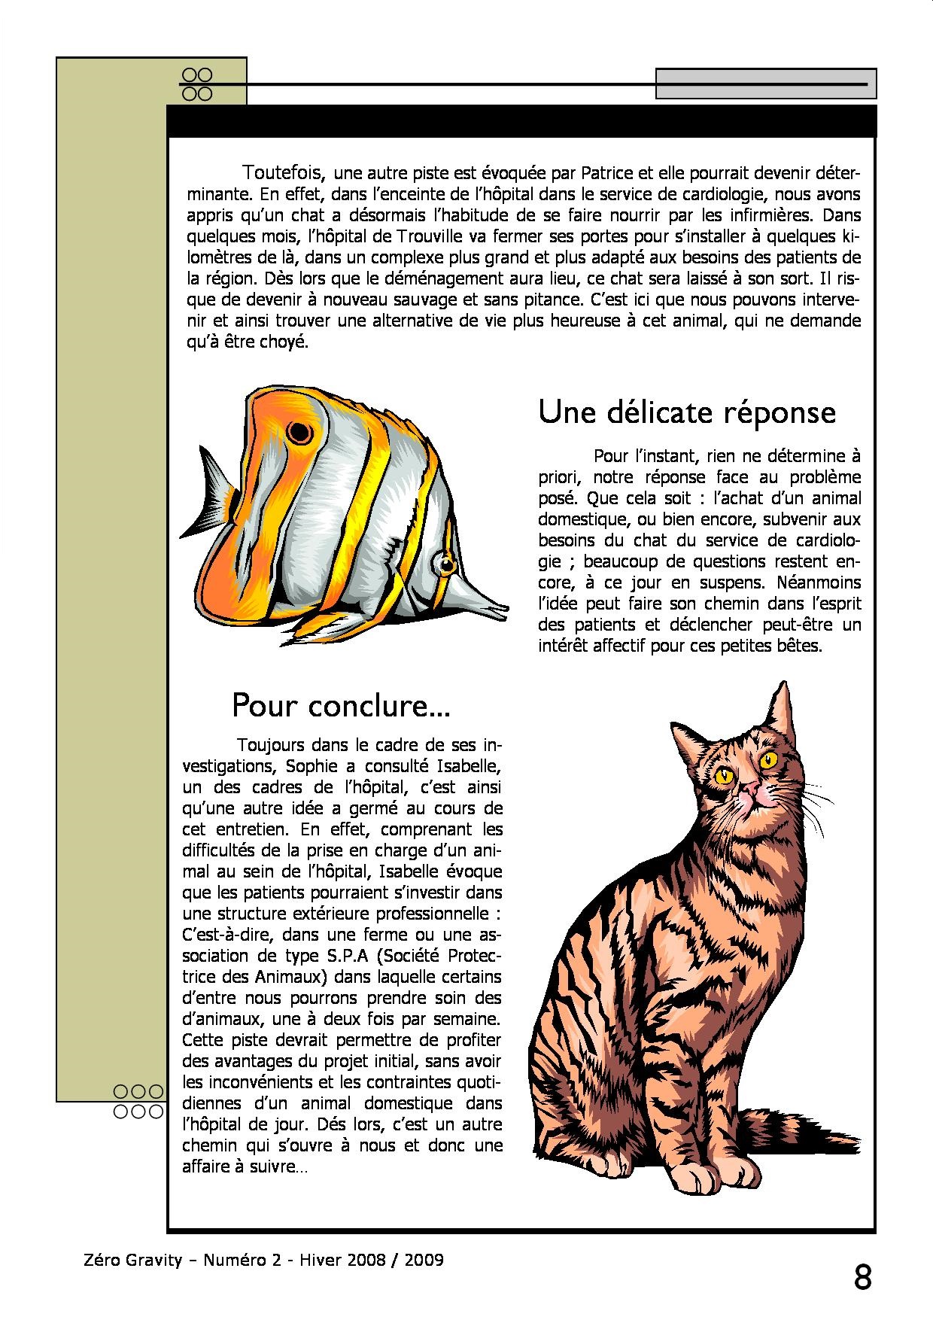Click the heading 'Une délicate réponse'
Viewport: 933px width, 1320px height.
click(x=687, y=412)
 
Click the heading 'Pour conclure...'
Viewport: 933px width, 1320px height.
click(x=341, y=705)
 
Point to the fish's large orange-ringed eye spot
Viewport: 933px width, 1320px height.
click(x=299, y=433)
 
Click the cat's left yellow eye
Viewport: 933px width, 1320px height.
click(x=725, y=774)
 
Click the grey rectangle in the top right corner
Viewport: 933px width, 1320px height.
click(x=765, y=84)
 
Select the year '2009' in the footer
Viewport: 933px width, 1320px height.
click(x=424, y=1260)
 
